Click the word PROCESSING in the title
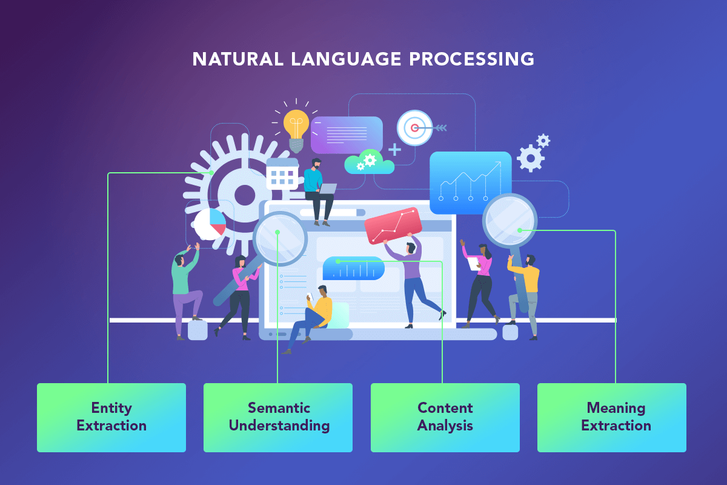(x=471, y=59)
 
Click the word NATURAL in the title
(x=238, y=59)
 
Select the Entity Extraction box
(x=111, y=418)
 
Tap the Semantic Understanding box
(x=278, y=418)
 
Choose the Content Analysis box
(x=445, y=418)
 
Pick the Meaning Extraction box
(x=612, y=418)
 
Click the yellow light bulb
(x=296, y=130)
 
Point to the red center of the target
(x=414, y=128)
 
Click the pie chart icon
(x=210, y=224)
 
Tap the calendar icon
(x=282, y=174)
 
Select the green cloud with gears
(x=370, y=162)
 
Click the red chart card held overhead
(x=393, y=226)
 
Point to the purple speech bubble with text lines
(x=347, y=135)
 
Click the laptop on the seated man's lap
(x=327, y=189)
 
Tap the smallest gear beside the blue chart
(x=543, y=141)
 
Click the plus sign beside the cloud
(x=394, y=150)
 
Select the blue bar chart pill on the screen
(x=354, y=268)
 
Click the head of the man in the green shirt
(x=179, y=260)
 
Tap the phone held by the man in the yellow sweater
(x=310, y=296)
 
